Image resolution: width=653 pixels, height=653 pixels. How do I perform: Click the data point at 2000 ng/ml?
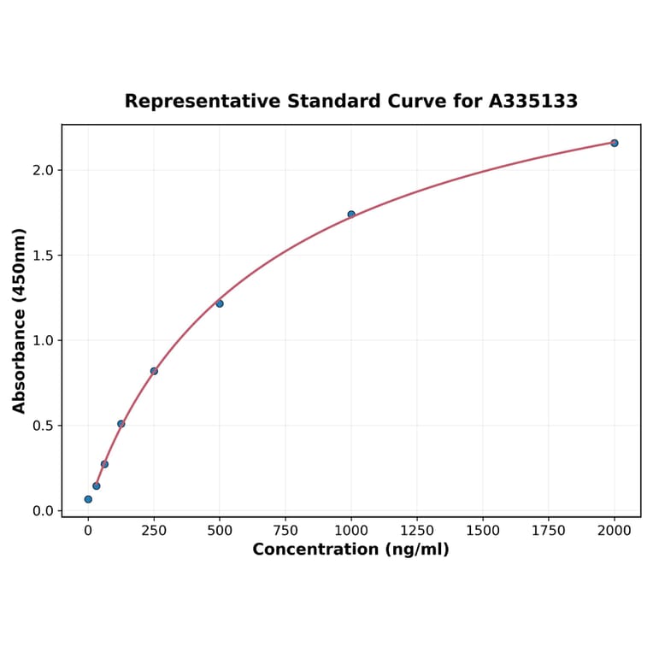pos(615,143)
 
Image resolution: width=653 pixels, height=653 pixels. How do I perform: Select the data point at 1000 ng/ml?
pos(351,215)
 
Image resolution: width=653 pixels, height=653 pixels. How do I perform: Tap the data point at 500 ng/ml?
pos(220,303)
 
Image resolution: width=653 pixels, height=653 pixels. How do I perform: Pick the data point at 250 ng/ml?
pos(154,371)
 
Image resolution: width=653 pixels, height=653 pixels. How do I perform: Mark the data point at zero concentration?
pos(88,499)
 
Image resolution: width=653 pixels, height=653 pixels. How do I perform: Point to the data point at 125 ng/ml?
pos(121,424)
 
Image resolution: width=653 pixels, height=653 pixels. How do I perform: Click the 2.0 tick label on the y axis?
pos(43,170)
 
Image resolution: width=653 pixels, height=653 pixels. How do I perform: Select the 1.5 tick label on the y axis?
pos(43,256)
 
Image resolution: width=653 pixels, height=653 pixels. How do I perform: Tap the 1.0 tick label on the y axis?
pos(43,340)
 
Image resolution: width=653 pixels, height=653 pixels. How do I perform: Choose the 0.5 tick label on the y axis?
pos(43,426)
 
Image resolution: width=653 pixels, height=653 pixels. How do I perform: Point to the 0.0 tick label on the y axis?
pos(43,511)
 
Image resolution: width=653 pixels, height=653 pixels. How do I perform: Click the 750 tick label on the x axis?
pos(285,531)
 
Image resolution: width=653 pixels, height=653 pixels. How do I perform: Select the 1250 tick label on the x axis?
pos(417,531)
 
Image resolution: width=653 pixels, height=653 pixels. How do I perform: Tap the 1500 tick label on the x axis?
pos(483,531)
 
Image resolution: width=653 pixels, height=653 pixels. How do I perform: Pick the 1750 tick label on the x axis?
pos(549,531)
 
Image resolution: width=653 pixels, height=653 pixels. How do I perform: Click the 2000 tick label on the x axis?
pos(615,531)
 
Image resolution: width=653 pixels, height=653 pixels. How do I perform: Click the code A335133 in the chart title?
pos(533,102)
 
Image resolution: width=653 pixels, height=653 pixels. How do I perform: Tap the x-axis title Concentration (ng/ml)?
pos(350,550)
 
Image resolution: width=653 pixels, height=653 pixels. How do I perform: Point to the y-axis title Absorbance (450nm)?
pos(20,321)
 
